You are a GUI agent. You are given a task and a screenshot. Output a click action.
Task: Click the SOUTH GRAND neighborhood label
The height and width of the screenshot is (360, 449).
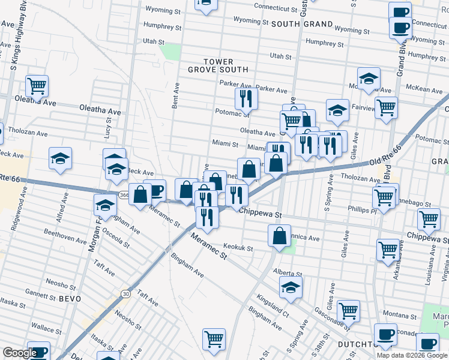(302, 24)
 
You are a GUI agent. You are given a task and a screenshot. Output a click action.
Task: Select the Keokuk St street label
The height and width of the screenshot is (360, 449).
(238, 247)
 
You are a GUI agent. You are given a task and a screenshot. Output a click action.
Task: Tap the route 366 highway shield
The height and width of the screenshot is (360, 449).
(123, 195)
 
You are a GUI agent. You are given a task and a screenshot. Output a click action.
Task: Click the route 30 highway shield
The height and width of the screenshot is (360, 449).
(125, 293)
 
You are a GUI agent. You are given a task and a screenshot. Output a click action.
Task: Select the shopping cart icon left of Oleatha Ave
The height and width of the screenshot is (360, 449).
(37, 86)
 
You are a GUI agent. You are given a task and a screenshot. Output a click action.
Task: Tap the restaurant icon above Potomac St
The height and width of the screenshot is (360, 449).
(246, 97)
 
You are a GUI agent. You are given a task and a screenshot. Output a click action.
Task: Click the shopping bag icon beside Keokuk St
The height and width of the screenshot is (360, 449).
(280, 235)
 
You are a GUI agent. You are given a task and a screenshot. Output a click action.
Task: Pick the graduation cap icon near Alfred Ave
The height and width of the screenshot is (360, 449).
(60, 158)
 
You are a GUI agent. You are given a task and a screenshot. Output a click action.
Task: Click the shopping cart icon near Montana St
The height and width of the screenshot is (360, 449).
(348, 310)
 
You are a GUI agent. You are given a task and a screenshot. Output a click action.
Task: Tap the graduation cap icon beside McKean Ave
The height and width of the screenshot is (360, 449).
(369, 79)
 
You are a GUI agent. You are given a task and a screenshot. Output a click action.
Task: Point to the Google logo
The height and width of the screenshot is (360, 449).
(20, 353)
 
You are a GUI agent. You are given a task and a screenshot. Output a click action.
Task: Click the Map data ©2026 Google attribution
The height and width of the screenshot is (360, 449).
(412, 355)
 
